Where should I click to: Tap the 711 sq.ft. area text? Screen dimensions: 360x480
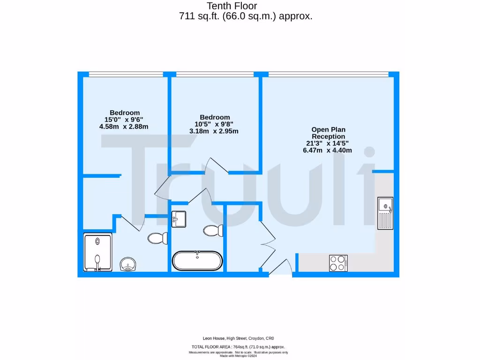click(245, 16)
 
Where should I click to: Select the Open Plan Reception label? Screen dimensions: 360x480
click(328, 133)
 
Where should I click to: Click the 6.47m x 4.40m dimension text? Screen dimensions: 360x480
click(327, 150)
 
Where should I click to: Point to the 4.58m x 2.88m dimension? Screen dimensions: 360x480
click(124, 127)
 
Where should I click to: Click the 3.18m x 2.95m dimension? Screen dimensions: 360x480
click(214, 131)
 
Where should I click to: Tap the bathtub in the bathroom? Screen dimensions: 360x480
click(197, 261)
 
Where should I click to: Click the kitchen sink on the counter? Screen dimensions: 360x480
click(385, 212)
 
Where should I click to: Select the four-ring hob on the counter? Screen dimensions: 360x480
click(338, 262)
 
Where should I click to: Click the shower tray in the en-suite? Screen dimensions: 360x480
click(98, 253)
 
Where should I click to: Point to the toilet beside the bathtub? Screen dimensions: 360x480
click(214, 230)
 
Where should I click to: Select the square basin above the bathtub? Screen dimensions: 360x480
click(179, 218)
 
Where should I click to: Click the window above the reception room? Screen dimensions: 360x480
click(328, 74)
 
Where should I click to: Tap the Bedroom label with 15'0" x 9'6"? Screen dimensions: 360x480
click(125, 112)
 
